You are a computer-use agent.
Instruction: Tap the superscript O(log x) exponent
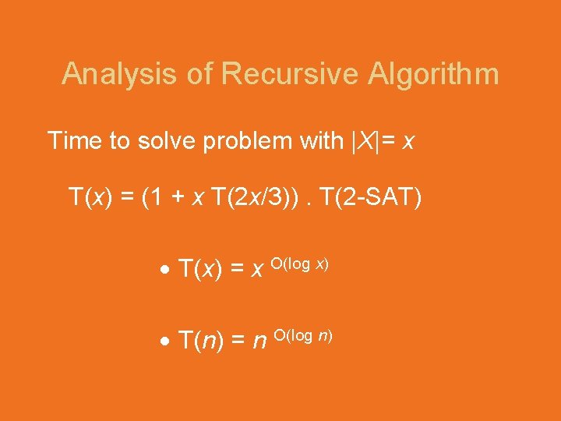[299, 264]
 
